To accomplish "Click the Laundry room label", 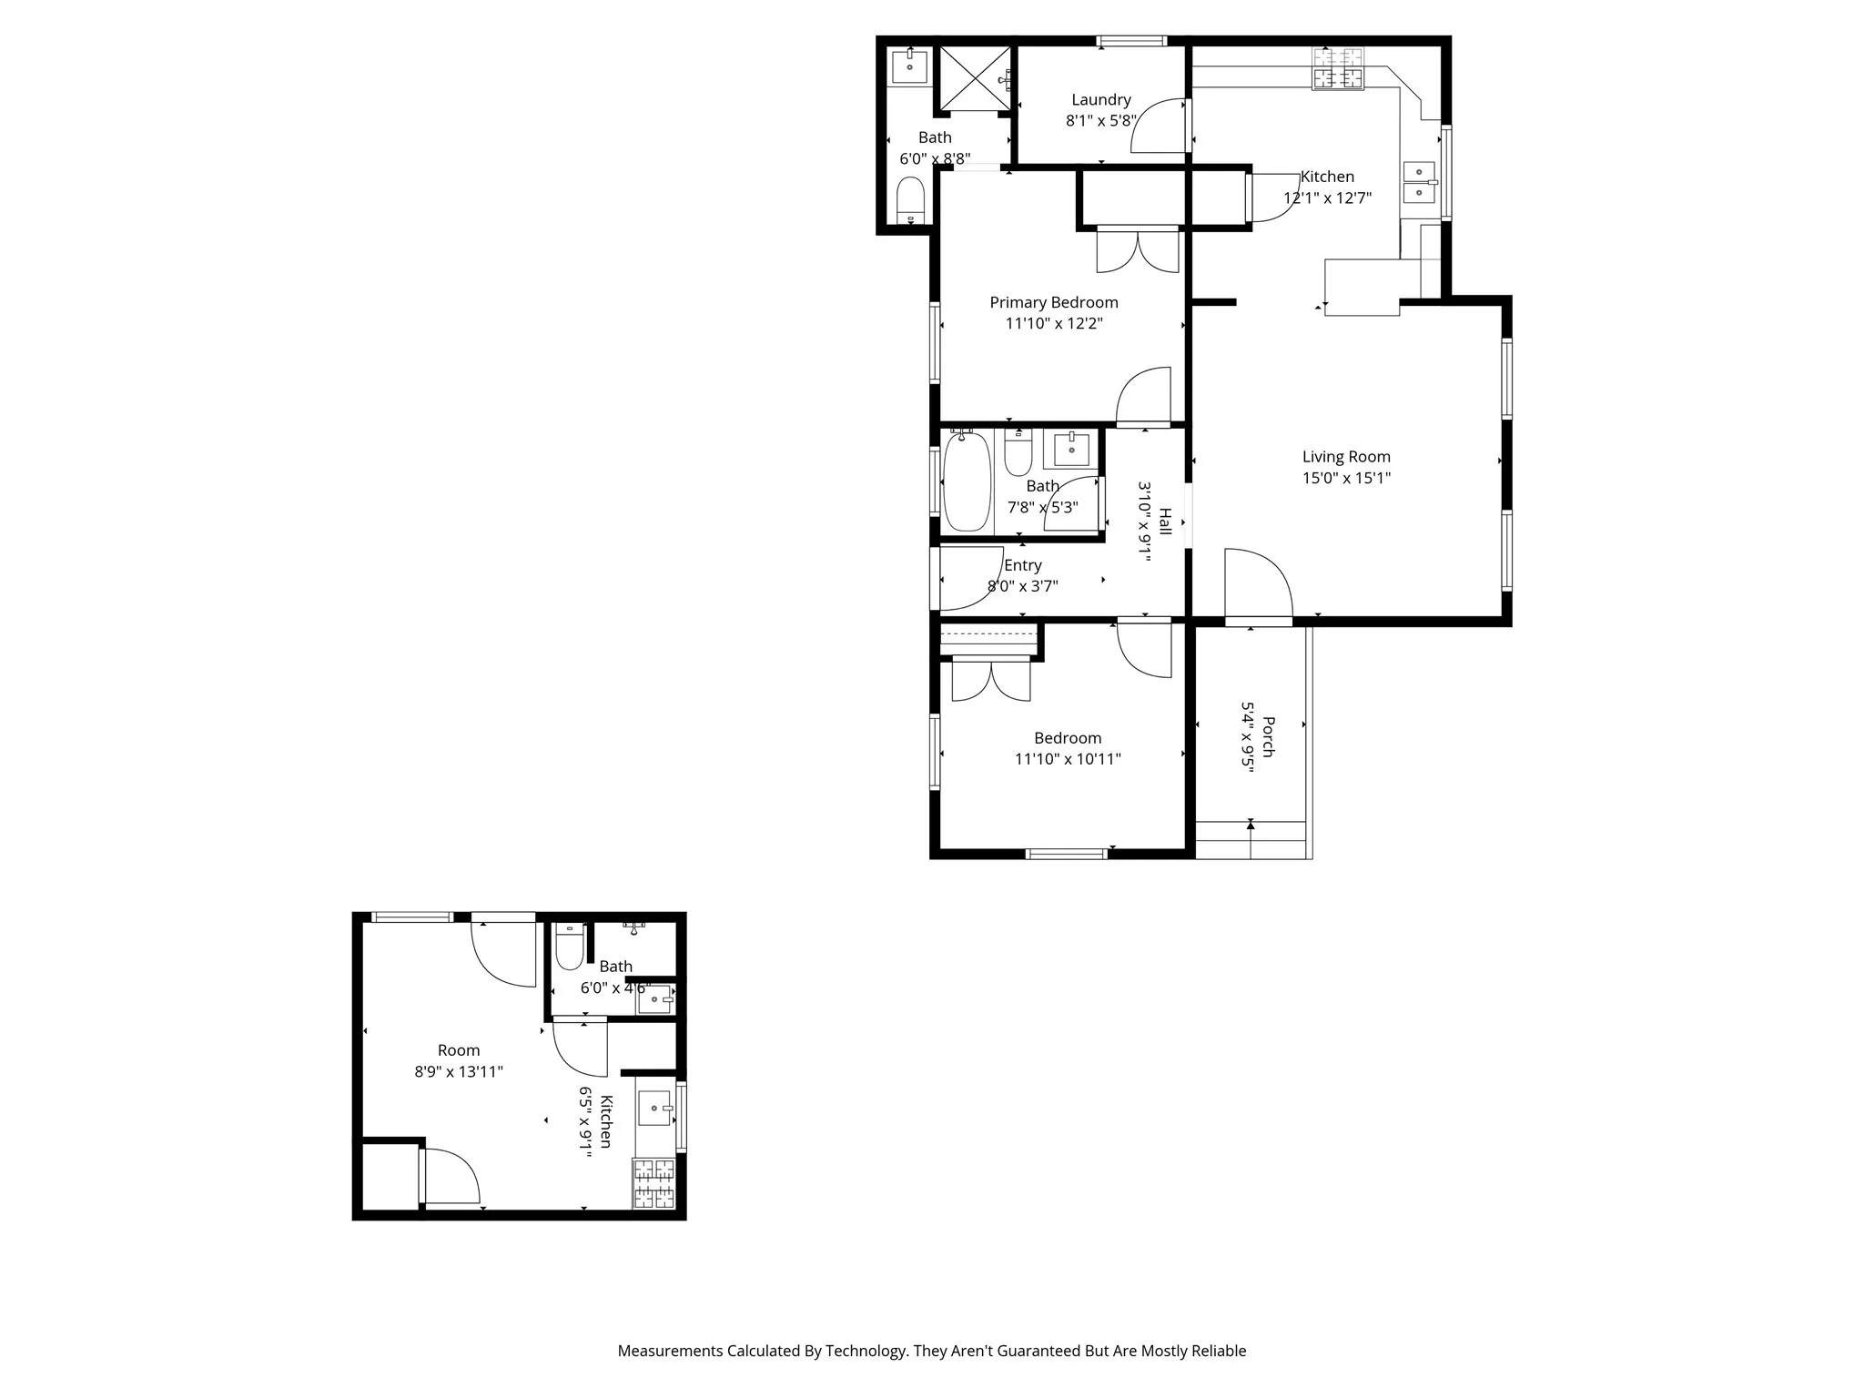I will click(x=1100, y=100).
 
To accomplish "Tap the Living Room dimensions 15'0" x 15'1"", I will click(x=1346, y=478).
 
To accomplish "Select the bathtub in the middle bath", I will click(x=966, y=482).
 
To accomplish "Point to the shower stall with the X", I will click(x=974, y=78).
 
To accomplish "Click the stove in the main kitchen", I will click(x=1338, y=68).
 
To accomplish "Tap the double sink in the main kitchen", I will click(x=1418, y=182).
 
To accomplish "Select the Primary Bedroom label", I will click(x=1053, y=302).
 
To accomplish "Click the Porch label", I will click(x=1268, y=737).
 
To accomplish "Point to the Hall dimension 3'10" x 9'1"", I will click(x=1145, y=522).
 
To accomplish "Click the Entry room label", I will click(x=1022, y=565).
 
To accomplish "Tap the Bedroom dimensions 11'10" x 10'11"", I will click(x=1068, y=759).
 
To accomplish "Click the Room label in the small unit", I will click(x=458, y=1050).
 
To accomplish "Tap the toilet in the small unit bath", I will click(x=570, y=948).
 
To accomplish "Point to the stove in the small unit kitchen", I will click(x=654, y=1183).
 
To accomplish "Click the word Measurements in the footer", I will click(x=669, y=1351).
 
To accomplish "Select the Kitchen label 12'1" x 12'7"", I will click(x=1327, y=177).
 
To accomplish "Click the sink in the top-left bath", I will click(x=909, y=66).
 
